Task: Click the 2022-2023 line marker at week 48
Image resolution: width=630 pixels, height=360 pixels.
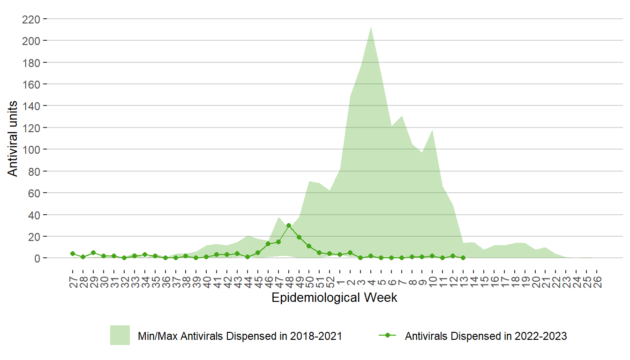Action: tap(289, 225)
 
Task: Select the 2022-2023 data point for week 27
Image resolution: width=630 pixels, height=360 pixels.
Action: tap(73, 254)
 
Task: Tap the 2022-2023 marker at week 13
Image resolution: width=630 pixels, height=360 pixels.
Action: tap(463, 258)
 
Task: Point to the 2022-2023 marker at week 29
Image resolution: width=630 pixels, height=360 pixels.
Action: tap(93, 253)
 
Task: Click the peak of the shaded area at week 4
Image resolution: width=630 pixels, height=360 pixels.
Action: tap(371, 26)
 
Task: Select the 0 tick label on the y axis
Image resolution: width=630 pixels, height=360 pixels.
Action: tap(38, 258)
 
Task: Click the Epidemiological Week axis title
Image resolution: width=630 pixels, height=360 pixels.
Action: tap(334, 298)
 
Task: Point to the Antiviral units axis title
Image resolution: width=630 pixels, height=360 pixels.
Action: tap(13, 139)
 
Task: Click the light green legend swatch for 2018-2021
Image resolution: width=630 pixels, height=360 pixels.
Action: tap(120, 336)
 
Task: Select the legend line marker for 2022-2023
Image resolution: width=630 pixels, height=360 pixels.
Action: tap(387, 336)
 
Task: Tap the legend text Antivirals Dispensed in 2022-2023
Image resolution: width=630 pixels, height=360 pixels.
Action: tap(486, 336)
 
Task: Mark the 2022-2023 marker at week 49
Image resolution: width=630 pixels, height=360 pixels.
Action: tap(299, 237)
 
